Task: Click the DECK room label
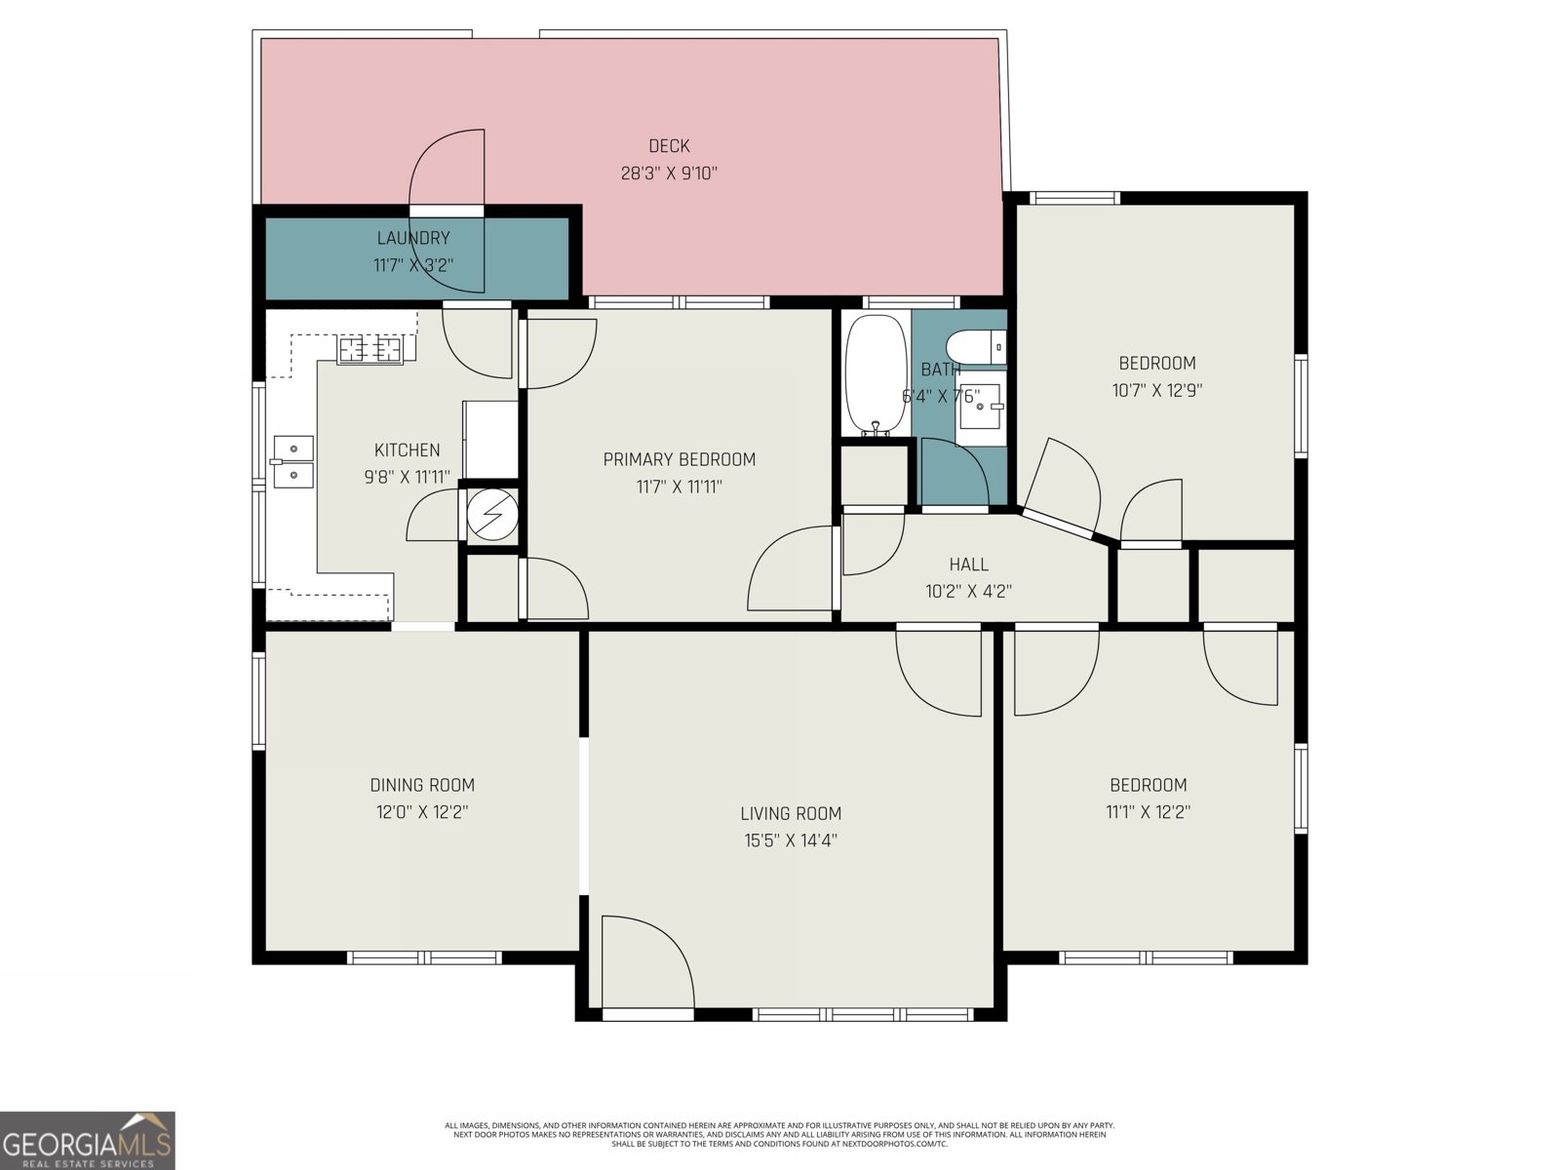pyautogui.click(x=669, y=146)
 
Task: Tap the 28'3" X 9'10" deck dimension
pyautogui.click(x=669, y=174)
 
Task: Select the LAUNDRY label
pyautogui.click(x=413, y=238)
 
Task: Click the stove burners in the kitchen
pyautogui.click(x=370, y=348)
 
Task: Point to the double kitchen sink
pyautogui.click(x=292, y=461)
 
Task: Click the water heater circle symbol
pyautogui.click(x=491, y=513)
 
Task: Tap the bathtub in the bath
pyautogui.click(x=875, y=375)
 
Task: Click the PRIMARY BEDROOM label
pyautogui.click(x=679, y=459)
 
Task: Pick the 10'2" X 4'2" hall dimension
pyautogui.click(x=968, y=591)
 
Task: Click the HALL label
pyautogui.click(x=968, y=565)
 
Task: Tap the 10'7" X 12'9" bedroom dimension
pyautogui.click(x=1156, y=391)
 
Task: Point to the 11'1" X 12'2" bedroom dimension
pyautogui.click(x=1148, y=811)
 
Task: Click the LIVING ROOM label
pyautogui.click(x=790, y=813)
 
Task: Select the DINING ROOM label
pyautogui.click(x=422, y=785)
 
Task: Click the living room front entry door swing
pyautogui.click(x=643, y=960)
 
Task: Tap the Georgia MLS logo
pyautogui.click(x=88, y=1140)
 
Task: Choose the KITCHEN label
pyautogui.click(x=407, y=450)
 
